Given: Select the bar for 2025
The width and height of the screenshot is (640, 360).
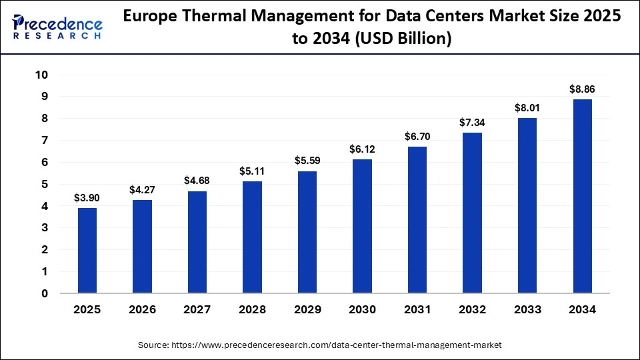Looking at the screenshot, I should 87,251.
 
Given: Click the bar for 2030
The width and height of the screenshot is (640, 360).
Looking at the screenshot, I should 363,226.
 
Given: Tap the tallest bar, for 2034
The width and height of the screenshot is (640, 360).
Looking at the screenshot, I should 583,196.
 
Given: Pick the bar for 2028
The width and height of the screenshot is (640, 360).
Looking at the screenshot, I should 253,237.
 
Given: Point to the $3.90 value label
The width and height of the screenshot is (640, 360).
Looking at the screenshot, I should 87,198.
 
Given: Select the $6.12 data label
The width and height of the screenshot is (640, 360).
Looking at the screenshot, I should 363,149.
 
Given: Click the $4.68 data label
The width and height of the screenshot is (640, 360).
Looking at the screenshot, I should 197,181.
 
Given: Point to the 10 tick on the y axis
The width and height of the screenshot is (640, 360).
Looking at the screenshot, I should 41,75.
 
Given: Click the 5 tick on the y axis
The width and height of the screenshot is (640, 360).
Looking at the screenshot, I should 44,184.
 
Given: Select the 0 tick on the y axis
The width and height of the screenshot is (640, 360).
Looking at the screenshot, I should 44,293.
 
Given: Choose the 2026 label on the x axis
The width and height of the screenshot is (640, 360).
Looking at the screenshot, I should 143,309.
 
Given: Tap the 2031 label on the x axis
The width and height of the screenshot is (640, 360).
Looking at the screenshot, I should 417,309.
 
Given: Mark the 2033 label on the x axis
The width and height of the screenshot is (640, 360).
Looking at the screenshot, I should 527,309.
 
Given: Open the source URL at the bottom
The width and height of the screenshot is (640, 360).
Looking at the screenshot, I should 319,345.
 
